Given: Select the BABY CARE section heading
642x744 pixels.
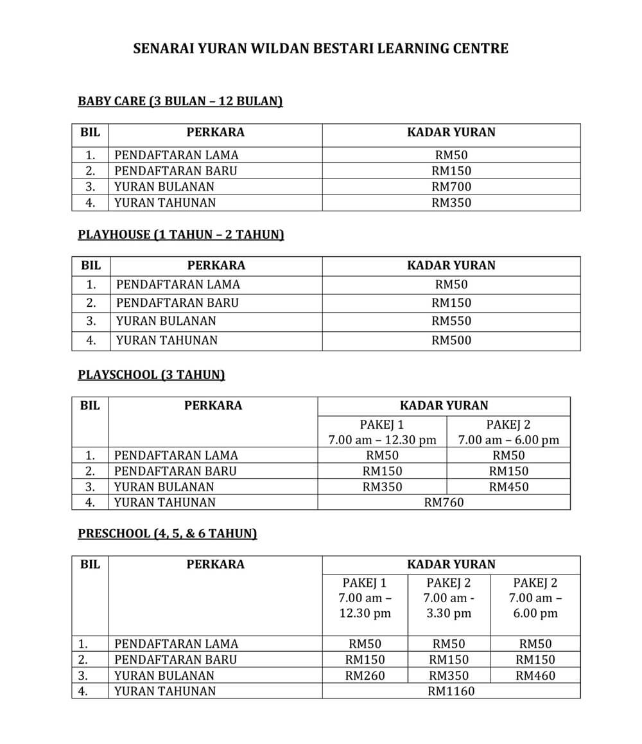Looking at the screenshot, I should pyautogui.click(x=180, y=101).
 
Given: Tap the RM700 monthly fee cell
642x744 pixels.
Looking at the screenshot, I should pyautogui.click(x=451, y=187).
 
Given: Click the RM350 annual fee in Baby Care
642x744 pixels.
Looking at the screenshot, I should pyautogui.click(x=451, y=203).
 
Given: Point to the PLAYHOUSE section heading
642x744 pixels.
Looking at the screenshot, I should pyautogui.click(x=180, y=234).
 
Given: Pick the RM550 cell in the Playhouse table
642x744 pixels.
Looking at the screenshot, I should pyautogui.click(x=451, y=321).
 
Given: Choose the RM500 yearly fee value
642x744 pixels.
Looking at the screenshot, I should pyautogui.click(x=451, y=340).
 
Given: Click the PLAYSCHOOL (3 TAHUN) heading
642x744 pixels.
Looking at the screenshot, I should pyautogui.click(x=151, y=374).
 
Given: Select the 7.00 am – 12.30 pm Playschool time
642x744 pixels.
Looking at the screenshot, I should pyautogui.click(x=382, y=440).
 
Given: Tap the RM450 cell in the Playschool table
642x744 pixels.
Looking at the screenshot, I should pyautogui.click(x=508, y=487).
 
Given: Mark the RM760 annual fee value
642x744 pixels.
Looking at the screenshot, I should pyautogui.click(x=444, y=503).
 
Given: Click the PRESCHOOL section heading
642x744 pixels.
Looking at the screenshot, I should pyautogui.click(x=167, y=533).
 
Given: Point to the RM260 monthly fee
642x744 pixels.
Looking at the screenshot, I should pyautogui.click(x=365, y=675).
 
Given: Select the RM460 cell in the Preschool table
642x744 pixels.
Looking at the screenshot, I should pyautogui.click(x=535, y=675).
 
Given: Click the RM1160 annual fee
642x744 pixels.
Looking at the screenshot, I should pyautogui.click(x=451, y=691).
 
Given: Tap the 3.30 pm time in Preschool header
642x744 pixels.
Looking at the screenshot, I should pyautogui.click(x=449, y=613).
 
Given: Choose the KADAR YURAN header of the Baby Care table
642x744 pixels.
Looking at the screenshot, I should pyautogui.click(x=451, y=133).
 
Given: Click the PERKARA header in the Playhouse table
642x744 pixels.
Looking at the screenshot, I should pyautogui.click(x=216, y=265).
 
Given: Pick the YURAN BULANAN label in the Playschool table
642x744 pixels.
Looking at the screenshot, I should pyautogui.click(x=164, y=487).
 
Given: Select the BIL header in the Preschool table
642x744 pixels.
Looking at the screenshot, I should pyautogui.click(x=90, y=564).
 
